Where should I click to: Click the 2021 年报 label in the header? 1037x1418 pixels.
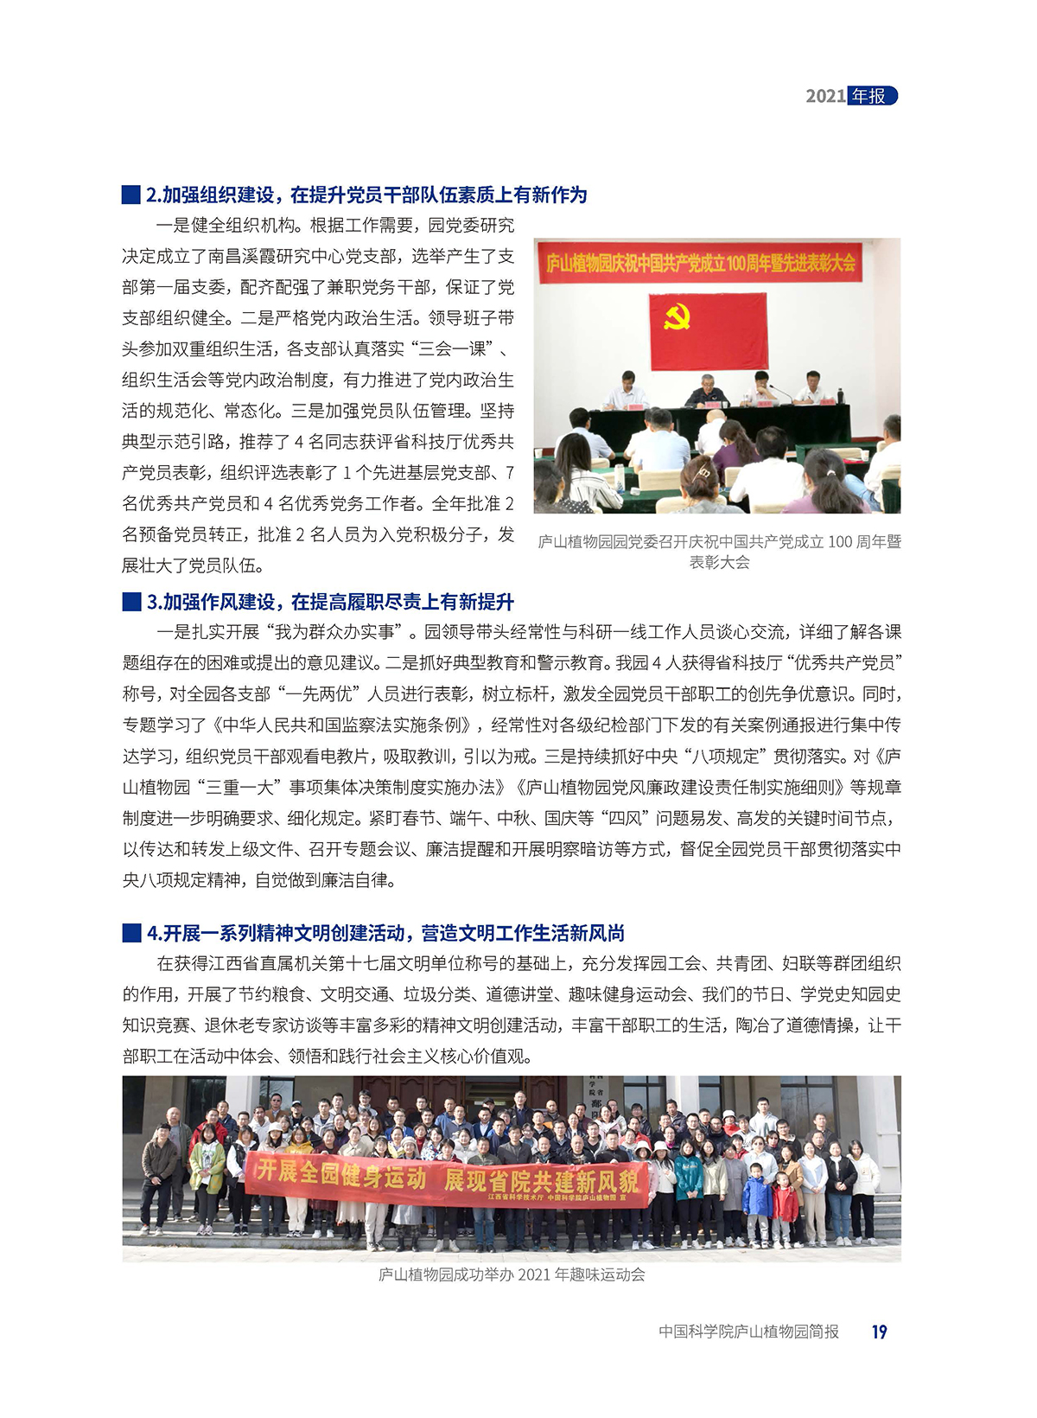851,96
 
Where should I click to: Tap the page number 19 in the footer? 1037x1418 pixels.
879,1332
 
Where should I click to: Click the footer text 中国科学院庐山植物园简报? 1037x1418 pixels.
748,1332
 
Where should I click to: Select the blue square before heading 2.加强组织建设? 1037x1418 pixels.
131,195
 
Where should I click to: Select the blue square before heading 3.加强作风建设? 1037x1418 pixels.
131,602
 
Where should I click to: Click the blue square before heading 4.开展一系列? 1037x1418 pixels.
131,933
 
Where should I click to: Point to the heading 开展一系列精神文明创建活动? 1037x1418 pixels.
385,933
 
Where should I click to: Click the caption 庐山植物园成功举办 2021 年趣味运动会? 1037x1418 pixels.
512,1275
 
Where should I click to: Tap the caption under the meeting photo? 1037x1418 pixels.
719,552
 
